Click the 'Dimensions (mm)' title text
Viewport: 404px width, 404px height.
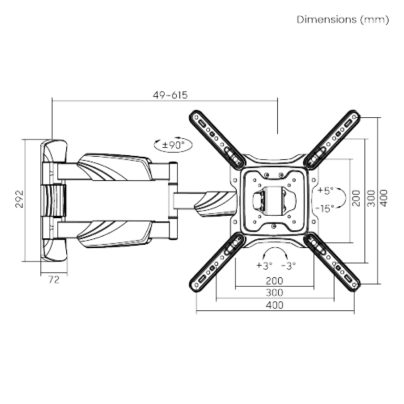click(342, 19)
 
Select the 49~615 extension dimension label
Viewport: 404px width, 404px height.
click(170, 95)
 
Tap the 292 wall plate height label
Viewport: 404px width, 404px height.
click(19, 199)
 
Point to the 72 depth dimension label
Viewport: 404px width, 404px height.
click(54, 280)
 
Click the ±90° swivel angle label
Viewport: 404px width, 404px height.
click(174, 145)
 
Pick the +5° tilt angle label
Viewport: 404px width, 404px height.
click(326, 190)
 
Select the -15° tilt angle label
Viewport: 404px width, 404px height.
click(325, 208)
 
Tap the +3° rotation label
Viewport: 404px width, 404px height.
click(265, 265)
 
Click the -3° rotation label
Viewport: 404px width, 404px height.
click(288, 265)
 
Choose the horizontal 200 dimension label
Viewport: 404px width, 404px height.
click(275, 280)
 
